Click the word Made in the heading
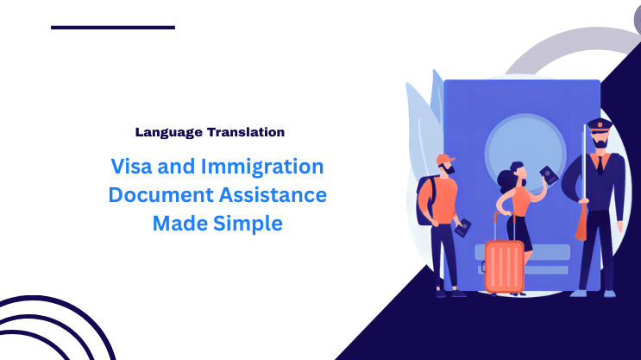click(x=178, y=224)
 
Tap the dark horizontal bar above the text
click(x=113, y=27)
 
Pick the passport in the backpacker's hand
click(x=462, y=229)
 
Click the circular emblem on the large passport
click(x=522, y=147)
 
